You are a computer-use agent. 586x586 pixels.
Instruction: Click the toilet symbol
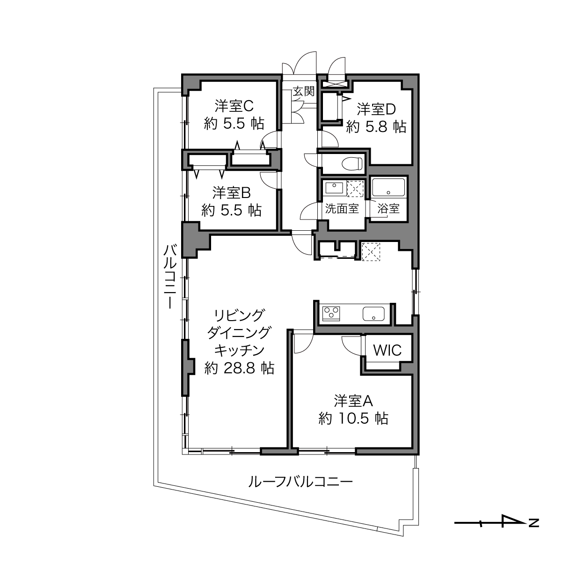(x=352, y=164)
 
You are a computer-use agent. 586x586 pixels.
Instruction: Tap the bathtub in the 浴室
(x=388, y=187)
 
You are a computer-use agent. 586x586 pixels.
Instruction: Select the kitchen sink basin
(x=374, y=314)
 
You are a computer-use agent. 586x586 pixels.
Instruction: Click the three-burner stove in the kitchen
(x=331, y=314)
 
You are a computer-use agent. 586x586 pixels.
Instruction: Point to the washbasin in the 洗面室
(x=334, y=188)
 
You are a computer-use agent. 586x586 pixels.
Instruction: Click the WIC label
(x=388, y=350)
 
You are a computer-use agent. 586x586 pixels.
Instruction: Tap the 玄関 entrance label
(x=303, y=91)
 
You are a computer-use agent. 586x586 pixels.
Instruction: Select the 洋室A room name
(x=353, y=401)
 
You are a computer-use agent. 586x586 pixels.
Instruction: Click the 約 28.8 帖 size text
(x=239, y=368)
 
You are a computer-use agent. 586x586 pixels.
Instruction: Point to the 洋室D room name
(x=376, y=109)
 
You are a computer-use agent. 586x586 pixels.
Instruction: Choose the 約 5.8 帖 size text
(x=376, y=127)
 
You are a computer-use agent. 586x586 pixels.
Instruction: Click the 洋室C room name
(x=234, y=106)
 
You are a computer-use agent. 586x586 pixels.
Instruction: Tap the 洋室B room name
(x=231, y=192)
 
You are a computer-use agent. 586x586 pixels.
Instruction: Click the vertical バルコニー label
(x=170, y=276)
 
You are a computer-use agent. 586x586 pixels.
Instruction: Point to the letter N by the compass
(x=534, y=523)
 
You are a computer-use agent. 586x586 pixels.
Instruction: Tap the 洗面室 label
(x=342, y=208)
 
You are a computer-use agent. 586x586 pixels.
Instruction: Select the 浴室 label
(x=388, y=208)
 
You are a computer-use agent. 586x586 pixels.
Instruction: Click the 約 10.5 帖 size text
(x=353, y=419)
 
